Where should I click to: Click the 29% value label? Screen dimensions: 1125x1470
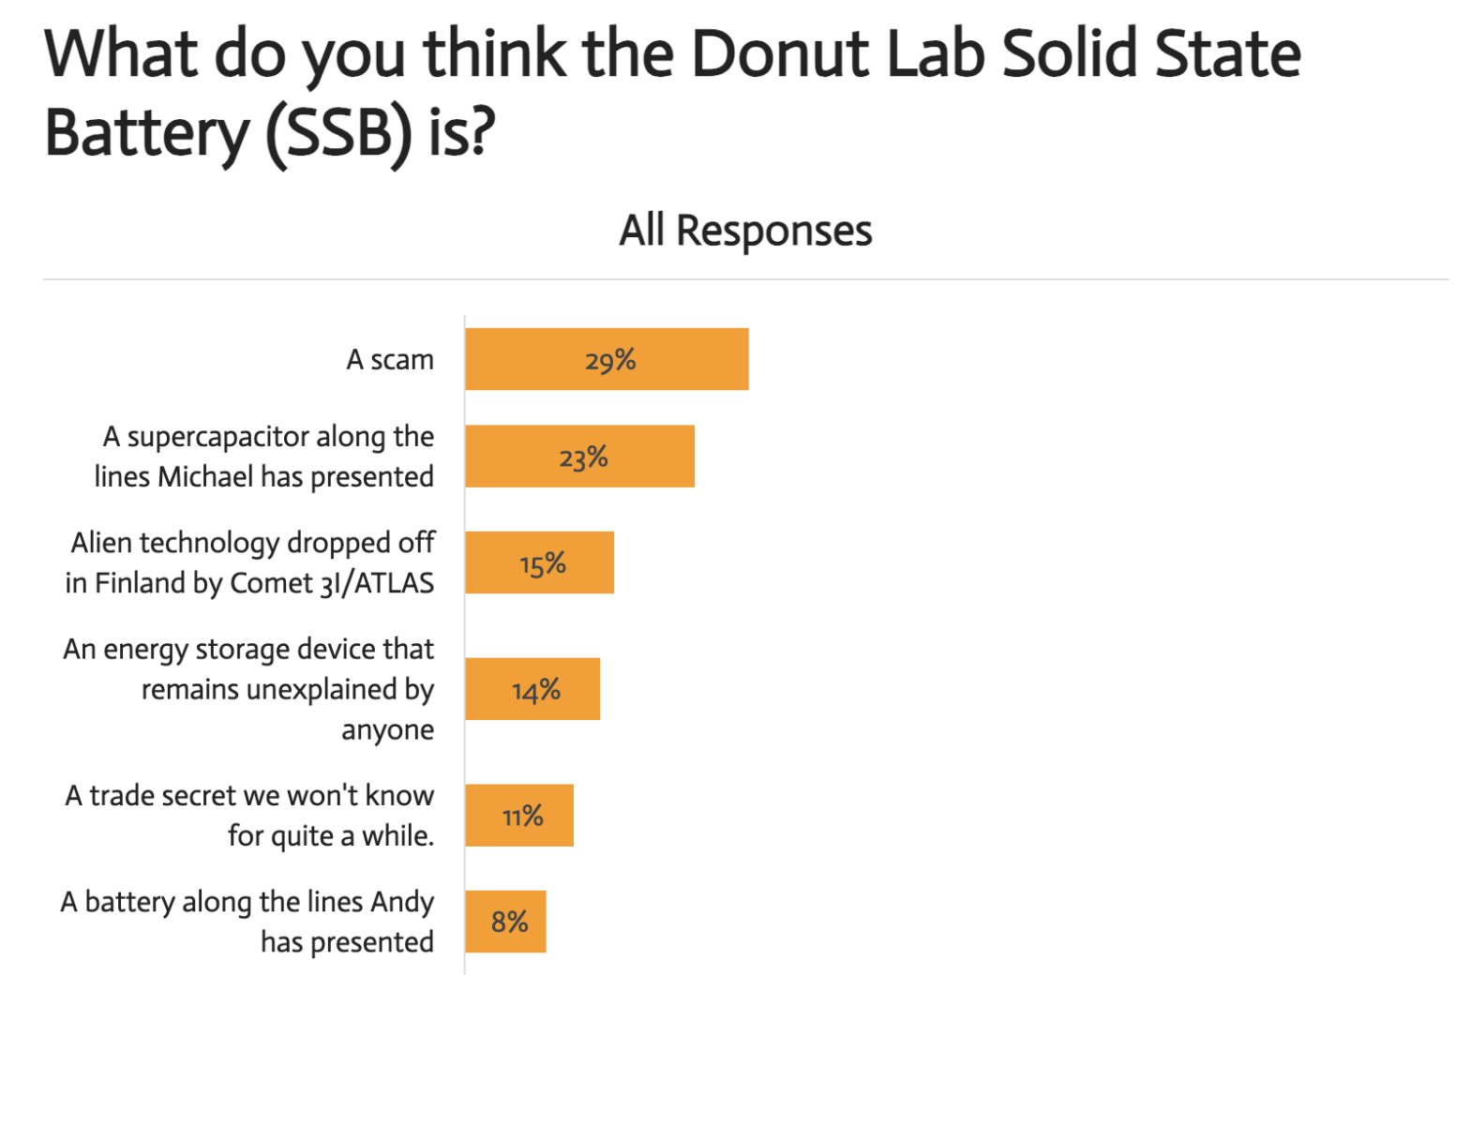point(610,360)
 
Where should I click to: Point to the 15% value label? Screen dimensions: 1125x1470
point(543,563)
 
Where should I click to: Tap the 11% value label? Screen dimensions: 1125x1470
point(522,817)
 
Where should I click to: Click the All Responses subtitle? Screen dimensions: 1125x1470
point(745,231)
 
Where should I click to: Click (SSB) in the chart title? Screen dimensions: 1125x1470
point(338,134)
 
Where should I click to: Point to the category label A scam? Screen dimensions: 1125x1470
point(390,360)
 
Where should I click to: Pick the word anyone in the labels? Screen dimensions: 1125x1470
point(387,730)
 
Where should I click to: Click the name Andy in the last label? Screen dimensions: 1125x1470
point(402,902)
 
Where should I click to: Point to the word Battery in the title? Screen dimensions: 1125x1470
point(145,134)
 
